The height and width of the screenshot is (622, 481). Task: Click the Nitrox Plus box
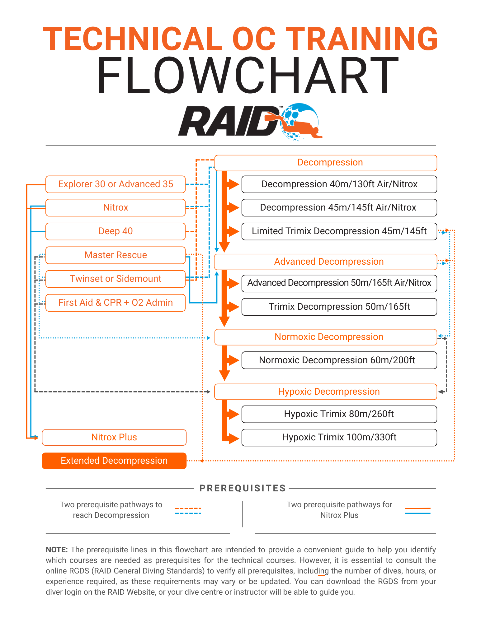click(x=114, y=437)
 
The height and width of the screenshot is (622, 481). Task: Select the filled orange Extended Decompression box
click(x=114, y=461)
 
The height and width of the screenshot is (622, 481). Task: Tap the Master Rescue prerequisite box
click(x=116, y=255)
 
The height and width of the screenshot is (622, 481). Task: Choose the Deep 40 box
click(x=116, y=231)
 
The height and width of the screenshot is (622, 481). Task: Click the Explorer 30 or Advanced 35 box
click(x=116, y=184)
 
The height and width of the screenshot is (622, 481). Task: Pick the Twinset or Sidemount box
click(x=116, y=279)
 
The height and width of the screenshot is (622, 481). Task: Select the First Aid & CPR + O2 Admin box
click(x=116, y=303)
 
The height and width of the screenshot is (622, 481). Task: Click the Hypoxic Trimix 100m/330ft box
click(x=339, y=437)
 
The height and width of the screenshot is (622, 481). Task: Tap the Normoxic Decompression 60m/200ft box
click(x=339, y=360)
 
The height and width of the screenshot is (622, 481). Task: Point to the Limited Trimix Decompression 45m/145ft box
click(x=339, y=231)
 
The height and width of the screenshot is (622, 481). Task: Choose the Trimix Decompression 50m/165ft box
click(x=339, y=307)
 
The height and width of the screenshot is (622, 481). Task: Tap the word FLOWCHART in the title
click(x=248, y=76)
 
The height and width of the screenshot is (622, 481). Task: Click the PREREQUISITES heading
click(x=243, y=488)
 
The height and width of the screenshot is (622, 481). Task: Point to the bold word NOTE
click(x=56, y=550)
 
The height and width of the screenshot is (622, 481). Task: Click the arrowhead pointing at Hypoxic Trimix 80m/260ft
click(x=234, y=414)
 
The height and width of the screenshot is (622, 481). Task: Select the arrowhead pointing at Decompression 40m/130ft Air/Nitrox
click(x=234, y=184)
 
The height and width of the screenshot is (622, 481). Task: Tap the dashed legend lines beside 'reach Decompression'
click(x=188, y=511)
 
